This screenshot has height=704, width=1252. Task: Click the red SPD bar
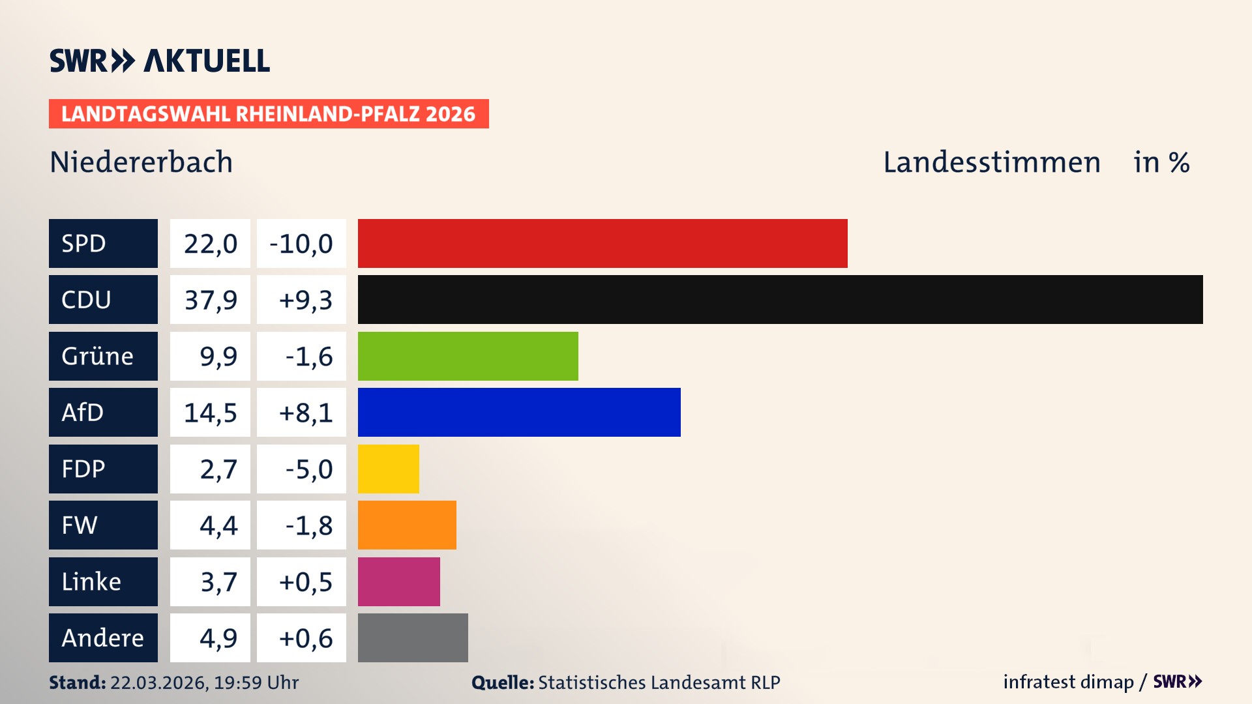coord(603,243)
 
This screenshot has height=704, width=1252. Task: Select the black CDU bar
coord(780,299)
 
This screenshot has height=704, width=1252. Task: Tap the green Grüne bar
coord(468,356)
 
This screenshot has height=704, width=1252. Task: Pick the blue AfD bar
coord(519,412)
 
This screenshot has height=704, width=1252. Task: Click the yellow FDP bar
coord(388,469)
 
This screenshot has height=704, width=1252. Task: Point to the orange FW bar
coord(407,525)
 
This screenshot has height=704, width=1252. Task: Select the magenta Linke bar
coord(398,581)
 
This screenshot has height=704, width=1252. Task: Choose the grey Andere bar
coord(413,638)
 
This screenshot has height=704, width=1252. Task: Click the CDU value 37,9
coord(210,300)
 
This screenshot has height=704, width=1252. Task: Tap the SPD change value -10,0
coord(301,244)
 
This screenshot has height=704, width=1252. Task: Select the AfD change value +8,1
coord(305,413)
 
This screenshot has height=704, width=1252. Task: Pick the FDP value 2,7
coord(218,469)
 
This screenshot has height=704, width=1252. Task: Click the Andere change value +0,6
coord(305,638)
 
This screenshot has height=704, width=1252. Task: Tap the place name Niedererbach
coord(141,162)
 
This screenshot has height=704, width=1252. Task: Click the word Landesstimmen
coord(991,162)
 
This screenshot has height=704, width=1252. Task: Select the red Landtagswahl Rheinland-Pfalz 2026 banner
coord(269,114)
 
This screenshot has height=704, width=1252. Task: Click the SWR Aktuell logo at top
coord(160,61)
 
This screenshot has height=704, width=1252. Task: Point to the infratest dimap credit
coord(1068,682)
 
